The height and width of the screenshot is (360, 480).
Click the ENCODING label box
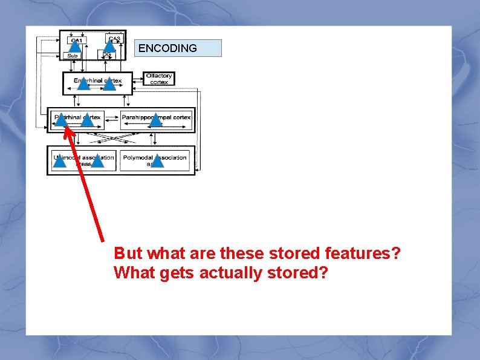pos(178,48)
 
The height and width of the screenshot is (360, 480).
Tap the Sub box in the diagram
pos(73,56)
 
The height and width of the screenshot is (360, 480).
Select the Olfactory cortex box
pos(159,79)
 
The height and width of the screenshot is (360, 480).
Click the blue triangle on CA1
pos(75,44)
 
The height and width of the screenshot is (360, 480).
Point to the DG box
pos(106,55)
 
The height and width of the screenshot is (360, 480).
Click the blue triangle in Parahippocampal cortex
pos(156,120)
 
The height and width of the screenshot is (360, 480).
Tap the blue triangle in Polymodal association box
pos(157,160)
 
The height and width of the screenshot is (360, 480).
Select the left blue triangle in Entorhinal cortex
pos(83,83)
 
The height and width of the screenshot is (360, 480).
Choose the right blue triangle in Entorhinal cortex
pos(109,83)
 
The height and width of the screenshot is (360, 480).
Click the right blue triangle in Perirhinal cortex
pos(86,120)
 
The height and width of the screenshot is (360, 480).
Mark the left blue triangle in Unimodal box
pos(59,160)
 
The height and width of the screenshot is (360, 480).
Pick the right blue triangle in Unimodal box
pos(97,160)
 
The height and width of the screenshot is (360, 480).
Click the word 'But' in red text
pos(128,253)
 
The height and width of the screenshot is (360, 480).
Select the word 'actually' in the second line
pos(225,273)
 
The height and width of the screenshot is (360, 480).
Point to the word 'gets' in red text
pos(176,273)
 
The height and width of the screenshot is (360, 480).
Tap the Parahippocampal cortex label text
pos(156,117)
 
